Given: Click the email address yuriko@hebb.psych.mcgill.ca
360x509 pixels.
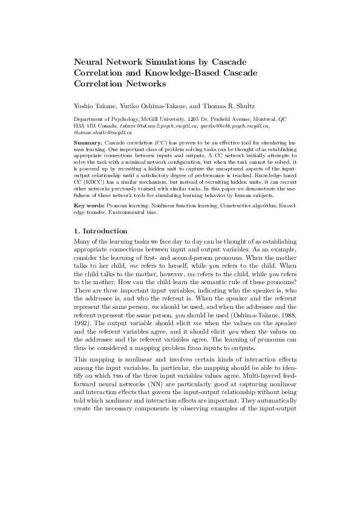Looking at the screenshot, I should click(235, 126).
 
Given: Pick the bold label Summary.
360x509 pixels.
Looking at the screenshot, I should click(86, 141).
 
